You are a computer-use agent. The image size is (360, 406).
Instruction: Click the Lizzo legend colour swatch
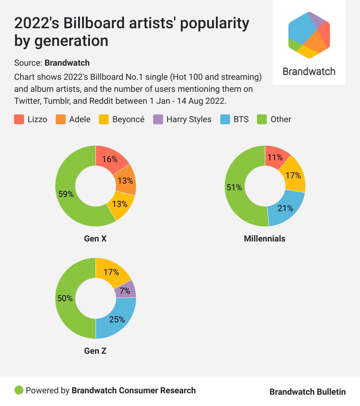(19, 119)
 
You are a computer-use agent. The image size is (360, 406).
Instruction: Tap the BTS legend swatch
(225, 119)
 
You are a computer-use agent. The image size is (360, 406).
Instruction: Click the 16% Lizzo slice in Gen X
(110, 159)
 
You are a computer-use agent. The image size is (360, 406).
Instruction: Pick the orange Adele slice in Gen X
(125, 181)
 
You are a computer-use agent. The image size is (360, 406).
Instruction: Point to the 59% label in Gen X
(66, 194)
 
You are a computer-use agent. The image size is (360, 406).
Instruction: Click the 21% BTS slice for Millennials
(285, 208)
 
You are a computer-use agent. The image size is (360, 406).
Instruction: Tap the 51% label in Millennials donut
(234, 187)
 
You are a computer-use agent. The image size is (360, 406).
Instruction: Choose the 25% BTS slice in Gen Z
(116, 319)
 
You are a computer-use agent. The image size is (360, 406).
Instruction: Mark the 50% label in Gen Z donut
(65, 298)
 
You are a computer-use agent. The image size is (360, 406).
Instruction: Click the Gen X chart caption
(95, 239)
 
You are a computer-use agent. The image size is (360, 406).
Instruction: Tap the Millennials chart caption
(265, 239)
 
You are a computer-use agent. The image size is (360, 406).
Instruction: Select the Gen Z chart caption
(95, 351)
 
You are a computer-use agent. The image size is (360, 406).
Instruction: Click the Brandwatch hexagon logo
(309, 35)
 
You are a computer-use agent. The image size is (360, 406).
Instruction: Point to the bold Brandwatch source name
(67, 63)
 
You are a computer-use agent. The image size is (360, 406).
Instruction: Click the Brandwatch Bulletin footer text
(307, 392)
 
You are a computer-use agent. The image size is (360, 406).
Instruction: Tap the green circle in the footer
(19, 390)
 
